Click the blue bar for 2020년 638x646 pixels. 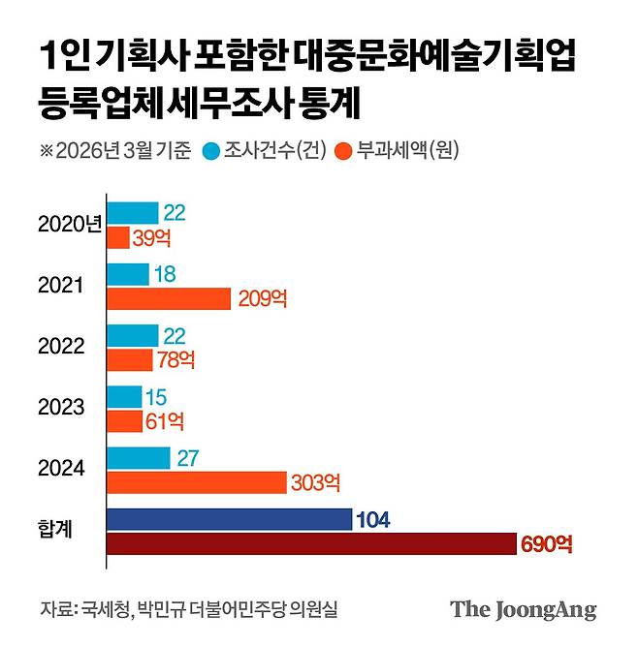click(x=132, y=213)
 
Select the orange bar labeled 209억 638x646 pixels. click(x=169, y=298)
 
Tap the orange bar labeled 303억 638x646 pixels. click(x=196, y=481)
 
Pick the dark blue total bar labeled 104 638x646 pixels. click(x=229, y=519)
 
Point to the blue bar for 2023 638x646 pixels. click(x=124, y=396)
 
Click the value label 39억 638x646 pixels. click(x=150, y=238)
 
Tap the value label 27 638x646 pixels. click(x=187, y=457)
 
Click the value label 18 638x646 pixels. click(x=165, y=274)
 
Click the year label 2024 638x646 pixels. click(x=62, y=469)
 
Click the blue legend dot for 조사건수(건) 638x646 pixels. click(x=210, y=151)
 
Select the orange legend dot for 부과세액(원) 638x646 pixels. click(x=341, y=151)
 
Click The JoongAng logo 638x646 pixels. click(x=523, y=610)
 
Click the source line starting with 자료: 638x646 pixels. click(x=188, y=610)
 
